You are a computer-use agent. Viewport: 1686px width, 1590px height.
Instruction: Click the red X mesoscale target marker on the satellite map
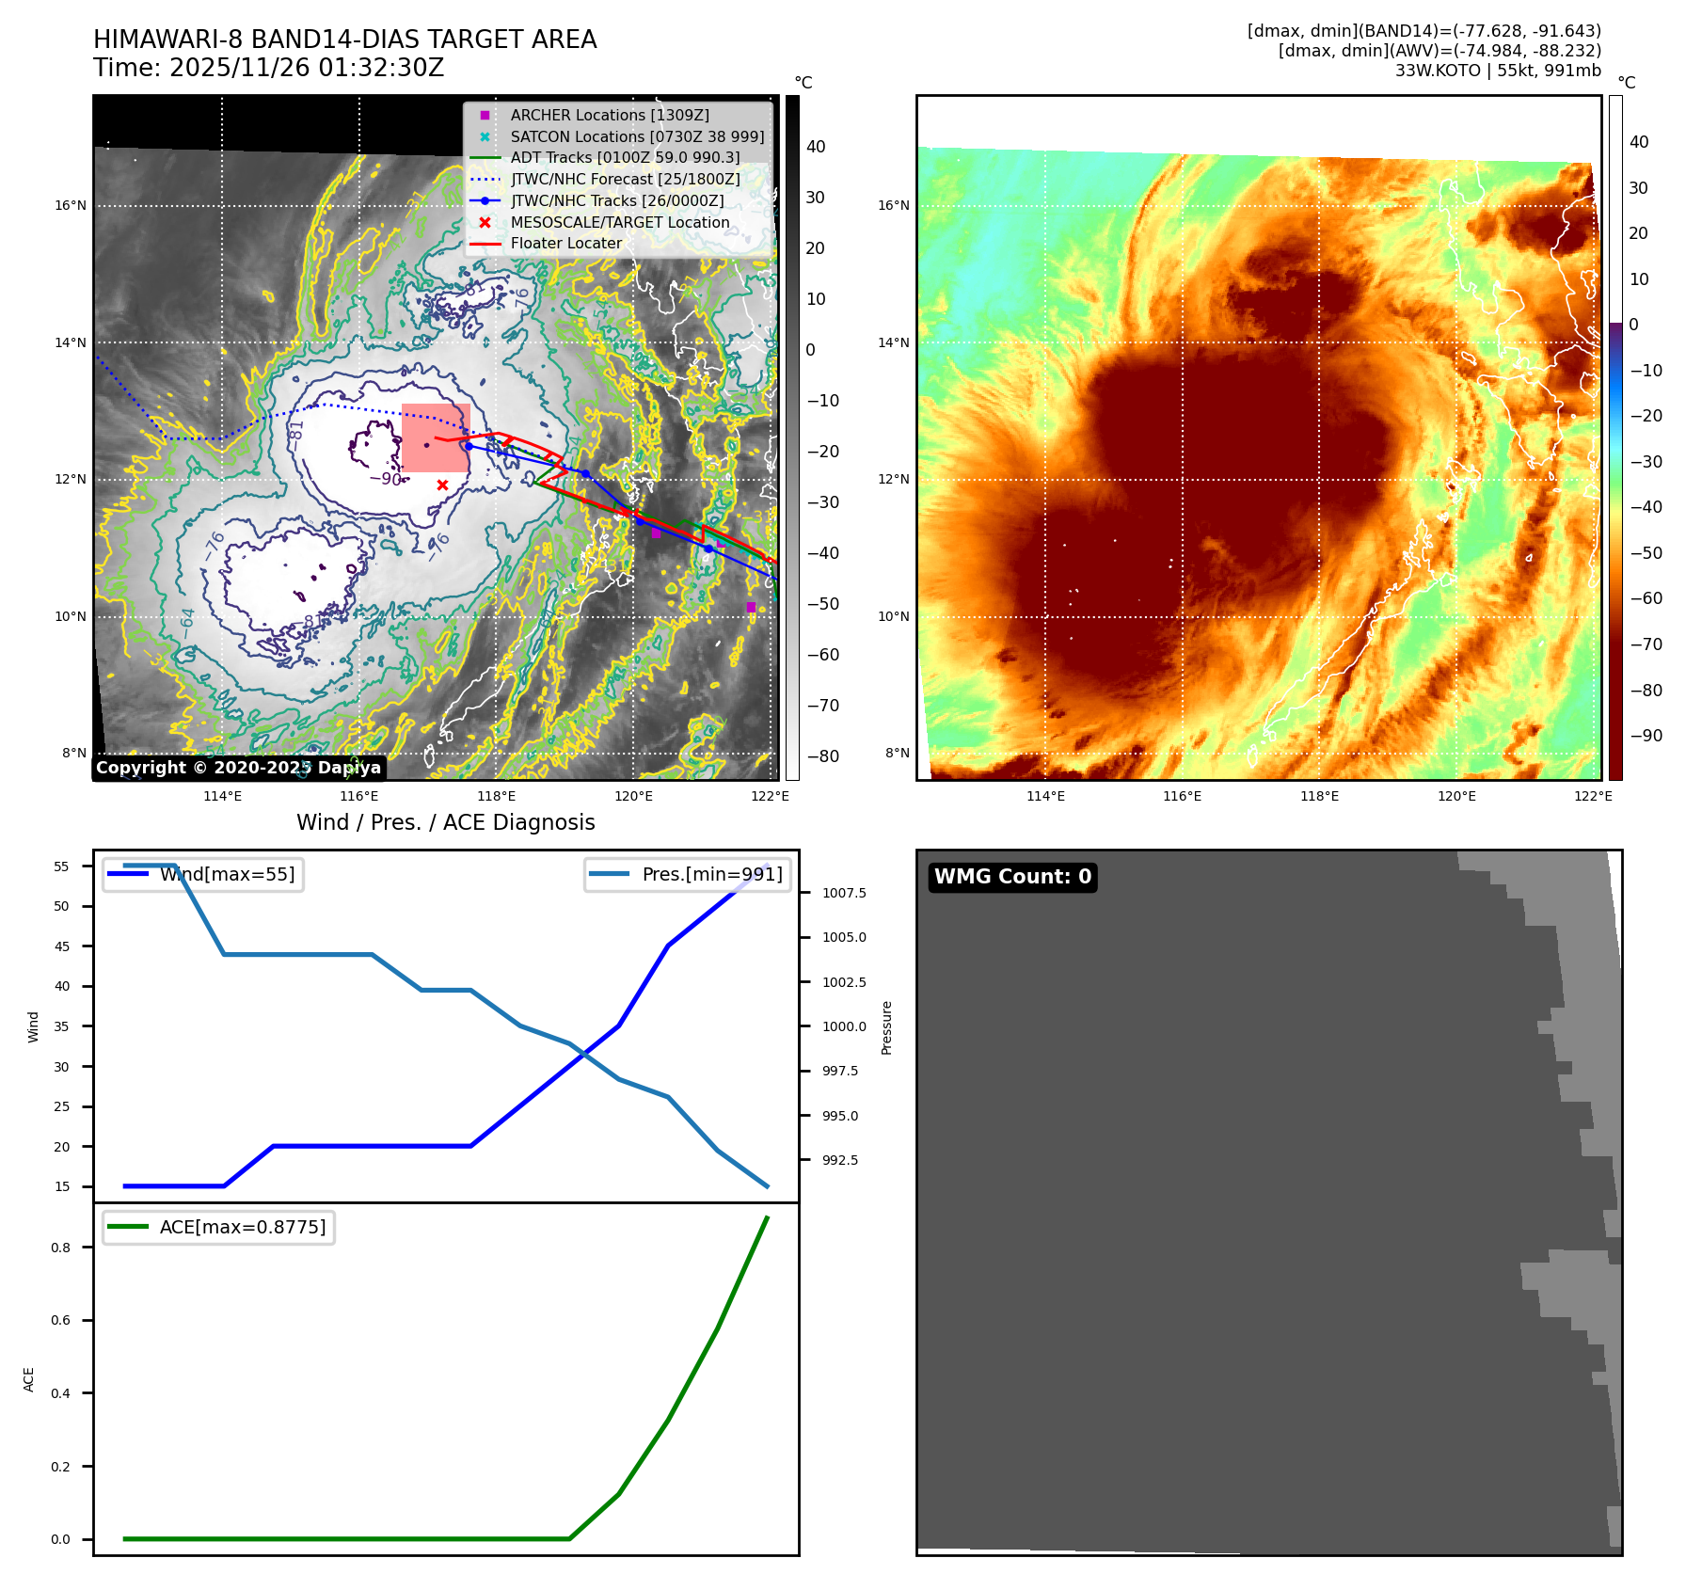pos(442,485)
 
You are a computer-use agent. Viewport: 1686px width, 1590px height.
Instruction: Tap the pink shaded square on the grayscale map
pos(435,437)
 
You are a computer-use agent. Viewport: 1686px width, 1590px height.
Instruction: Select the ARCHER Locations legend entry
pos(610,115)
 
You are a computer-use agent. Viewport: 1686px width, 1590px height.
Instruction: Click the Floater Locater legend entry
pos(565,243)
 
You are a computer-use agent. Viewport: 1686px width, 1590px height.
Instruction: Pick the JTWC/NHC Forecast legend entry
pos(625,179)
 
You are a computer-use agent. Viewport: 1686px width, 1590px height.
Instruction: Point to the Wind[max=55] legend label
pos(227,874)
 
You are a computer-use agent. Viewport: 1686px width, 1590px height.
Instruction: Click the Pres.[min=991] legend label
pos(711,874)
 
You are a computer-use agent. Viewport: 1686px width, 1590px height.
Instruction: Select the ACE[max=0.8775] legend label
pos(243,1227)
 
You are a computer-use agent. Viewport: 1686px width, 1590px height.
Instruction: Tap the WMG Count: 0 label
pos(1012,877)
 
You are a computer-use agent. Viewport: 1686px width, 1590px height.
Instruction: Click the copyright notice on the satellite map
pos(238,768)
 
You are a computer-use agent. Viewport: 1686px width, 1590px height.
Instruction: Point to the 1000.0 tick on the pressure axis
pos(844,1026)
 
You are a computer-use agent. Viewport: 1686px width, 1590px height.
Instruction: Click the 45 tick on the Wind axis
pos(62,946)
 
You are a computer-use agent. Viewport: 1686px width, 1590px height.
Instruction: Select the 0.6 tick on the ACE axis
pos(61,1320)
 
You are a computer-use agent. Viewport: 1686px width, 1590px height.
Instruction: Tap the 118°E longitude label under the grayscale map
pos(497,796)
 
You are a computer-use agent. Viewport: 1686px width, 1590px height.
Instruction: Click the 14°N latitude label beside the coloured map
pos(894,342)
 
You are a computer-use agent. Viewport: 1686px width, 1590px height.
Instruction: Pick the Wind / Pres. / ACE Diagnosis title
pos(445,822)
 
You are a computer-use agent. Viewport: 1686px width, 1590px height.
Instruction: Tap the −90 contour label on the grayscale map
pos(386,479)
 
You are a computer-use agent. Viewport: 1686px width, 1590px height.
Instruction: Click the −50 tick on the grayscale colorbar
pos(822,604)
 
